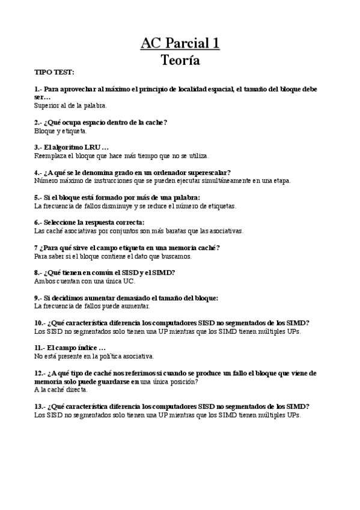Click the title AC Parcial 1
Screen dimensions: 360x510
pos(180,43)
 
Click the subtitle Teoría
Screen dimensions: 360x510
pos(180,60)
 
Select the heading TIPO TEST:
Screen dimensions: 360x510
pos(54,72)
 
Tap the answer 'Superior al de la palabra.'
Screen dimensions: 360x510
pos(70,105)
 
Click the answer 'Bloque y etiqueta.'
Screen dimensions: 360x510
pos(61,131)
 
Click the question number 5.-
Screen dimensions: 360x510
pos(40,197)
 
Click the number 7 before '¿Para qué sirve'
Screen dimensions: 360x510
pos(37,248)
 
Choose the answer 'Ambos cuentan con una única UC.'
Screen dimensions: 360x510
pos(85,281)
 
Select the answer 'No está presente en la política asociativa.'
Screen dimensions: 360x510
pos(94,356)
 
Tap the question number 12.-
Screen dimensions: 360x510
pos(41,373)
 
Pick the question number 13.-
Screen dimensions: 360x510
pos(41,407)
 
